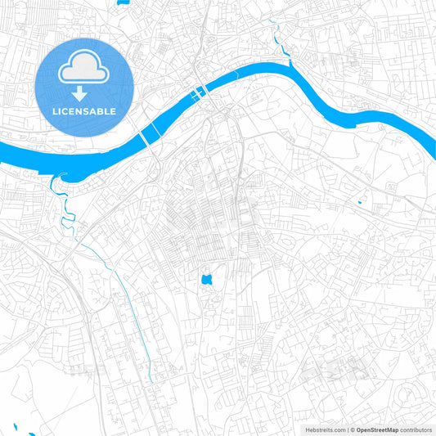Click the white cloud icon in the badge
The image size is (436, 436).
coord(84,70)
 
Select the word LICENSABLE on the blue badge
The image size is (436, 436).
coord(84,110)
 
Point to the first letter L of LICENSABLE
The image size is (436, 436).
coord(55,110)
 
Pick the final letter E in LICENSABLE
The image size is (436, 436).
coord(113,110)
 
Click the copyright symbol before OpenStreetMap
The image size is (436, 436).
coord(353,429)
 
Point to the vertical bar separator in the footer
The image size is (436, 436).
coord(347,429)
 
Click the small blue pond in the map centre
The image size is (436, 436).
coord(206,281)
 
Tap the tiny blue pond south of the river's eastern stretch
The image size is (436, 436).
coord(359,201)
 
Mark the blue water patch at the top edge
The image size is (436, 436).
coord(122,2)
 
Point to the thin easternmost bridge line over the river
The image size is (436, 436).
coord(236,74)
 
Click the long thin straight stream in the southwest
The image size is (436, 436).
coord(123,294)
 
